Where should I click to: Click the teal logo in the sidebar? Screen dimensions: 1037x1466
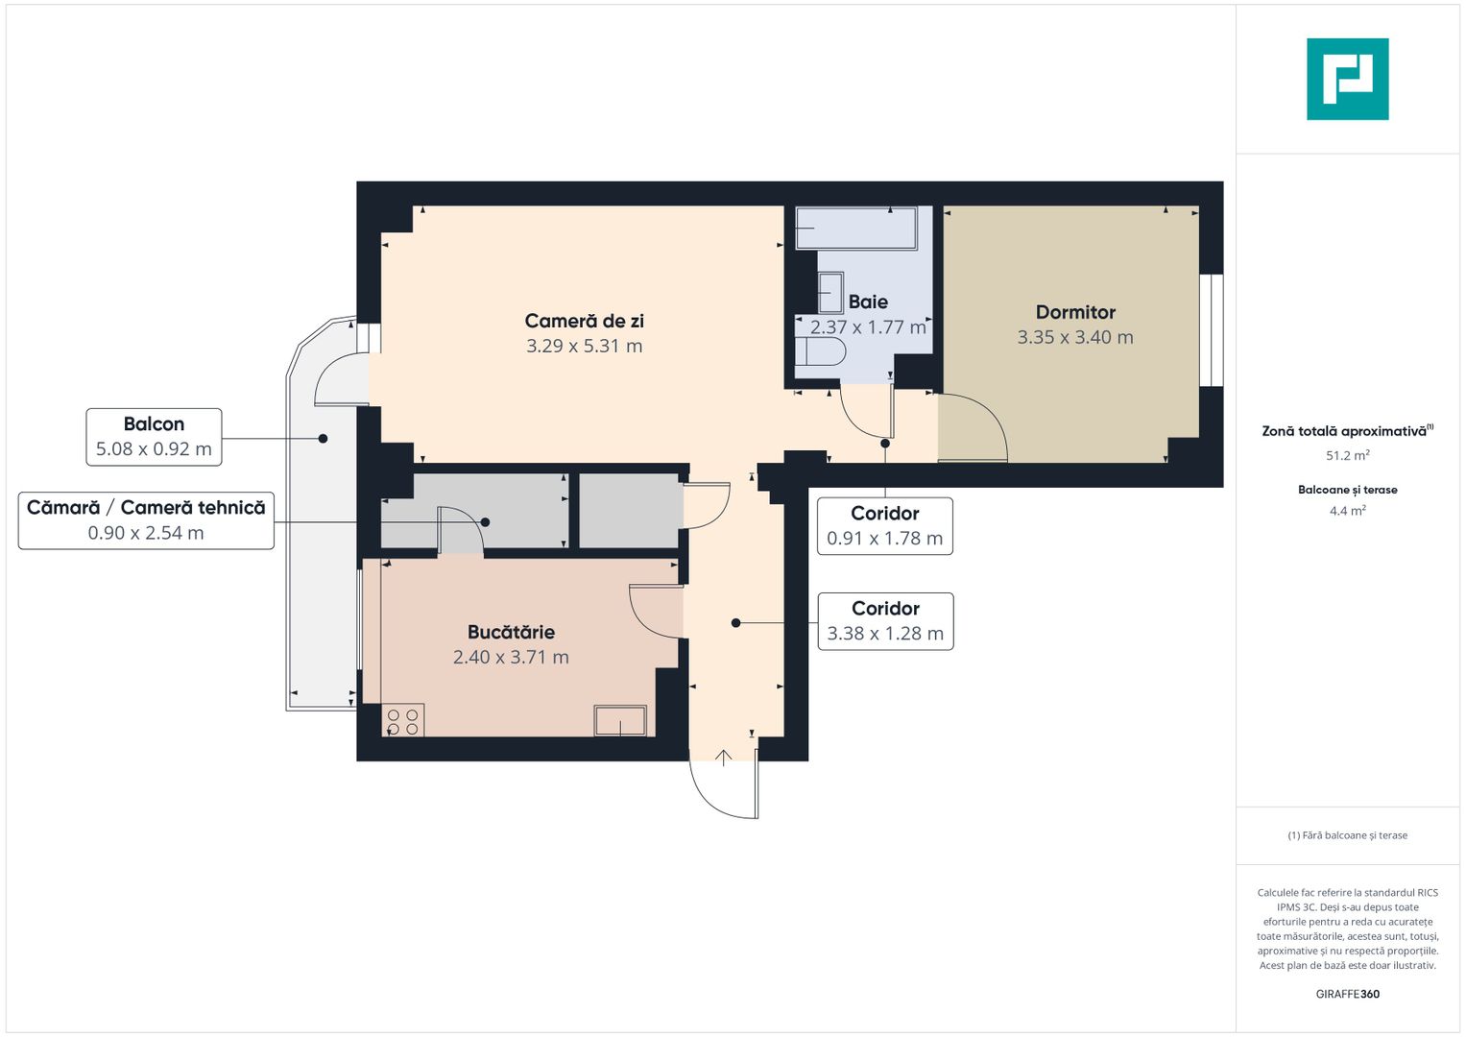tap(1347, 79)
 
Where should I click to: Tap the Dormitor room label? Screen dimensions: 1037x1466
tap(1075, 312)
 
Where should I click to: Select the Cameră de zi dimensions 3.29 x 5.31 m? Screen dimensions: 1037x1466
tap(584, 346)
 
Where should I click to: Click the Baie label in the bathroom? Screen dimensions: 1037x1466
tap(868, 301)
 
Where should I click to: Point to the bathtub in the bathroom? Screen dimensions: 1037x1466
tap(855, 229)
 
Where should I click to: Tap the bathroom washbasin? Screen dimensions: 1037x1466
tap(829, 292)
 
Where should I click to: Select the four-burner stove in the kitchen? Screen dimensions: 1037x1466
tap(402, 721)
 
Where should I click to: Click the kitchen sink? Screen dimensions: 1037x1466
tap(620, 720)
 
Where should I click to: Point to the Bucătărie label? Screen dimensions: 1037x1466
tap(511, 632)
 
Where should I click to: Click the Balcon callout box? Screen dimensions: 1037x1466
tap(154, 437)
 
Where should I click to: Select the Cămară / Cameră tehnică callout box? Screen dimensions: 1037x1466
tap(146, 520)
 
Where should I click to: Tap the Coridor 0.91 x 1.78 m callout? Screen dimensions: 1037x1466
tap(884, 526)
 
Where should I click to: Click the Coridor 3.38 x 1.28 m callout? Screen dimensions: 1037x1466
tap(885, 621)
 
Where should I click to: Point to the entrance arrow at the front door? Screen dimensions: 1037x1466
tap(724, 758)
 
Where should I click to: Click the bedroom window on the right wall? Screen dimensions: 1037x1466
tap(1212, 330)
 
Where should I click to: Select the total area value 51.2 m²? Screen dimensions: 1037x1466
tap(1347, 455)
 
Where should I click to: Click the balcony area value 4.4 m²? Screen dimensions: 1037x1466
tap(1347, 511)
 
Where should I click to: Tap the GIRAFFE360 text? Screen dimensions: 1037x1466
tap(1347, 994)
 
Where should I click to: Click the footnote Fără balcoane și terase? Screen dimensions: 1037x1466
tap(1347, 835)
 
